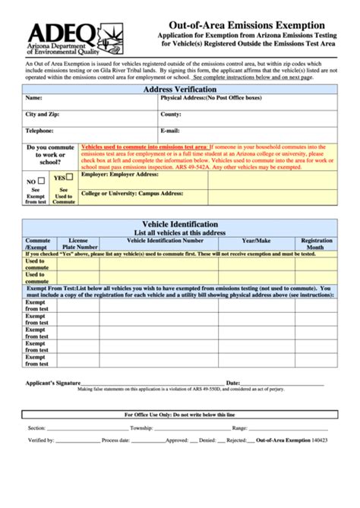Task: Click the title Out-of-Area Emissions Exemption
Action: (x=246, y=26)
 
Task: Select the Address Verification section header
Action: (x=179, y=90)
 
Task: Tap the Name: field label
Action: (x=34, y=99)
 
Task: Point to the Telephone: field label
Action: (x=40, y=130)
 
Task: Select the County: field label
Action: (x=171, y=114)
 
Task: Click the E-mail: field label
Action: (x=170, y=130)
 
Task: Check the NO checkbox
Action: (x=43, y=182)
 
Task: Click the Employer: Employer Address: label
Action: (x=120, y=175)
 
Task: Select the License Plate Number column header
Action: (x=80, y=243)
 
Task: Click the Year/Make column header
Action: (x=257, y=240)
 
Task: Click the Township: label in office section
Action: (x=142, y=428)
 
